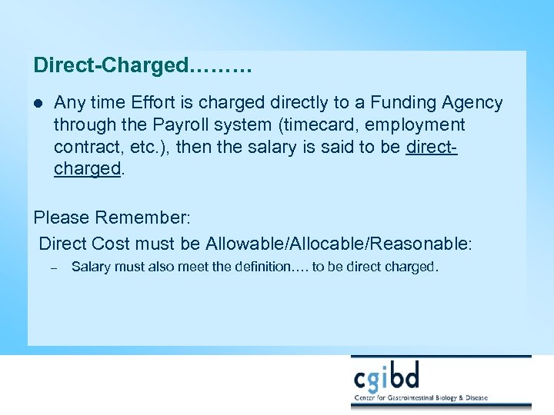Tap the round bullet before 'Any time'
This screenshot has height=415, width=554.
pos(38,103)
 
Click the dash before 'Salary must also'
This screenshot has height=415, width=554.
pos(53,268)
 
